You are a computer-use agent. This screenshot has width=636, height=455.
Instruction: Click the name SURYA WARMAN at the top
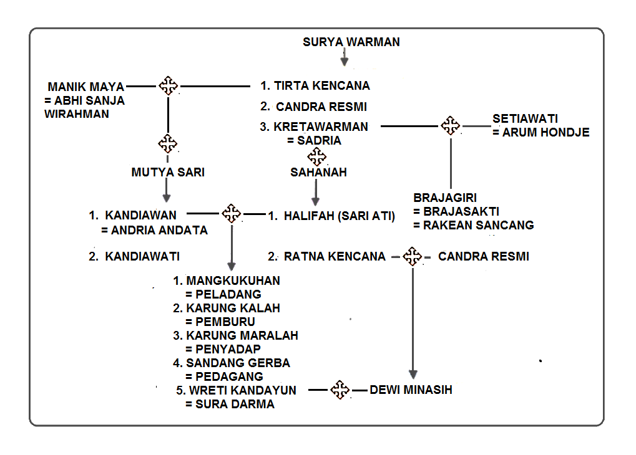[351, 42]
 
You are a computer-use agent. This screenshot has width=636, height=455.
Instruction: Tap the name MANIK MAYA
[86, 87]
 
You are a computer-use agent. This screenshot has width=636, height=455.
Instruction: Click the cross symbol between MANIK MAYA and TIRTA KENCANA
[168, 85]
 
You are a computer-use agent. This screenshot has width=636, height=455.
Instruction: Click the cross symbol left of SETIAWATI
[450, 125]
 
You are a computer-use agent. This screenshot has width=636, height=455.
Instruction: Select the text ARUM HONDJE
[545, 133]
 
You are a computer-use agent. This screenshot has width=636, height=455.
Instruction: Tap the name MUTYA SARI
[168, 173]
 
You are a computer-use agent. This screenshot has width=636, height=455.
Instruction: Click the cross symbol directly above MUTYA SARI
[168, 144]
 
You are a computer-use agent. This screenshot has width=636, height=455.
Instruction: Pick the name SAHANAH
[318, 173]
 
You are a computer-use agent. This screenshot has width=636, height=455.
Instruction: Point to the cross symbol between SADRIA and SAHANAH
[317, 156]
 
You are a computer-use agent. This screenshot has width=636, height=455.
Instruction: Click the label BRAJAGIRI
[445, 198]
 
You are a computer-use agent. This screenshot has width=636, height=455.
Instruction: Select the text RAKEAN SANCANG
[478, 225]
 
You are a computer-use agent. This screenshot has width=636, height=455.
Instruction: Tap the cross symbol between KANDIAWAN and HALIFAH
[232, 213]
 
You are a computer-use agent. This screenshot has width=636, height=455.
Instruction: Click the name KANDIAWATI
[142, 256]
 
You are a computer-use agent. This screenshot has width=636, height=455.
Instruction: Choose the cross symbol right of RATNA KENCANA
[411, 256]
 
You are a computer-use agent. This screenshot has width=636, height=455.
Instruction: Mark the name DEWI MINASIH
[411, 390]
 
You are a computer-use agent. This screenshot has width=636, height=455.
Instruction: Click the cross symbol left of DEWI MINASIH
[340, 390]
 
